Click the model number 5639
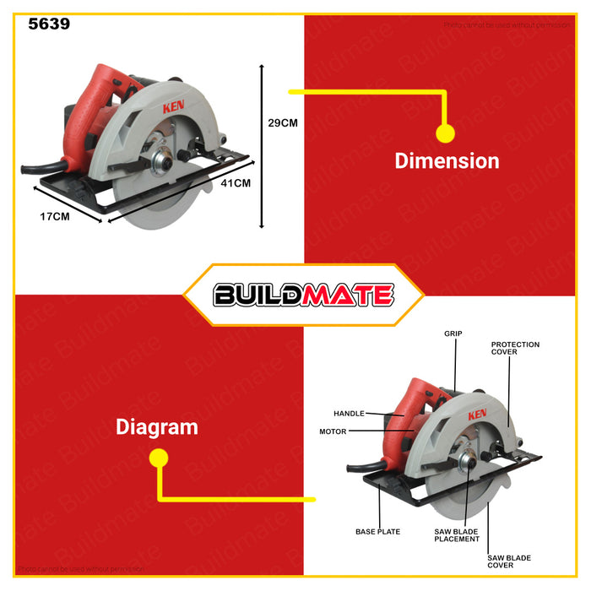point(49,24)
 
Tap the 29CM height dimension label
point(283,122)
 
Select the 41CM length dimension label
point(236,182)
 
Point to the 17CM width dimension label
point(55,216)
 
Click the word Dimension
point(447,161)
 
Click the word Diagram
point(156,427)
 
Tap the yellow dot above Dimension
point(445,133)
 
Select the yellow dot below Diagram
point(158,458)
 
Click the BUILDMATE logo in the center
point(303,295)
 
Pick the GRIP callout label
point(453,333)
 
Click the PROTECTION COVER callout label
point(515,348)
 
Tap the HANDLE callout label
point(349,414)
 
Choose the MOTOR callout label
point(333,431)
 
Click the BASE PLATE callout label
point(377,532)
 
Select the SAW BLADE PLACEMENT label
point(457,535)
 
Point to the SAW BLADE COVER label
point(509,561)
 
